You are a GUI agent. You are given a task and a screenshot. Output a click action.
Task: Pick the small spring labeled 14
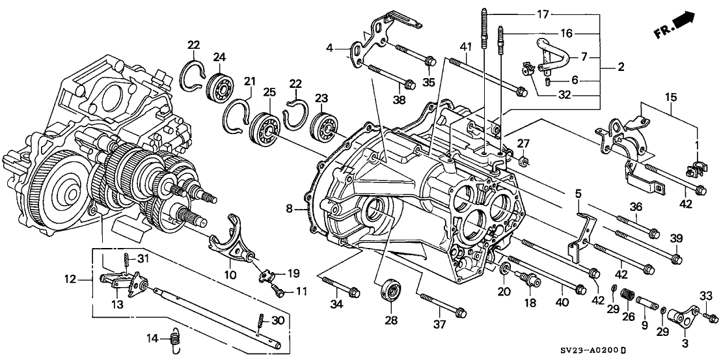(x=174, y=339)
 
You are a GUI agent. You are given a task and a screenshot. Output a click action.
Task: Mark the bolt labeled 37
(x=442, y=306)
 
